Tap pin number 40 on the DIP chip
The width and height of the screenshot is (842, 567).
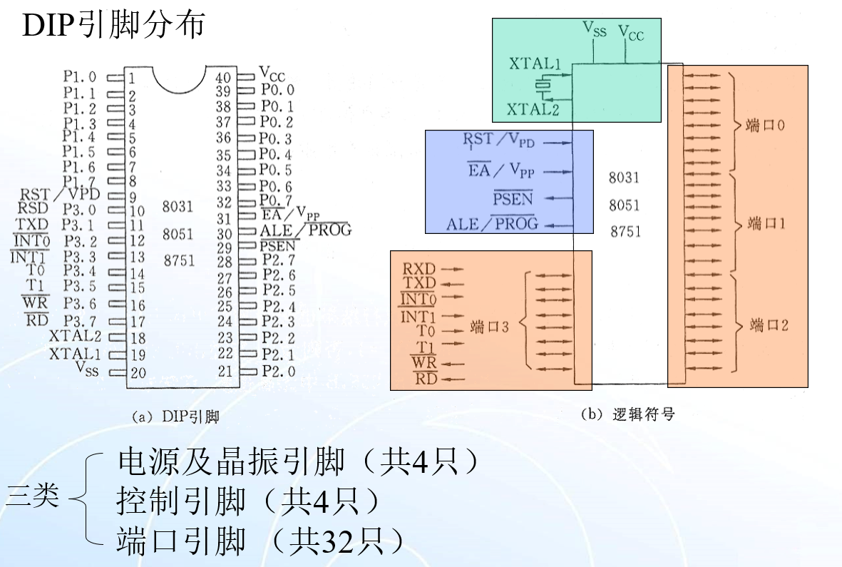[223, 77]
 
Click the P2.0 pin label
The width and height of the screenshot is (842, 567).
[278, 371]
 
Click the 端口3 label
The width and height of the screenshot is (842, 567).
[490, 327]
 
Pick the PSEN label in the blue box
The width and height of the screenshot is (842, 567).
[513, 198]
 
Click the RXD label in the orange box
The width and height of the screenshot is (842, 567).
[419, 269]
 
